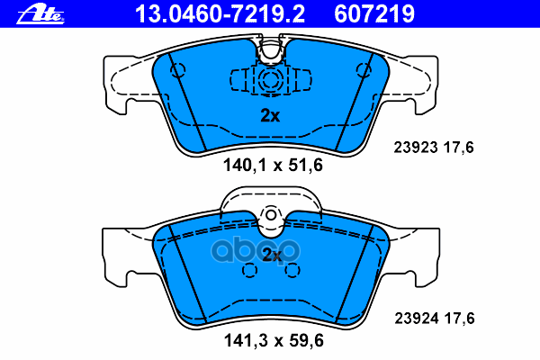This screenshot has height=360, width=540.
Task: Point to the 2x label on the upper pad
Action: [271, 115]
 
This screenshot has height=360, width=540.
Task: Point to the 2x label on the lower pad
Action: [271, 255]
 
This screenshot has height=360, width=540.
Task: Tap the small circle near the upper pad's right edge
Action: [364, 68]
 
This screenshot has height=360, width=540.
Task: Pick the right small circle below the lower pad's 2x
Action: [292, 271]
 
